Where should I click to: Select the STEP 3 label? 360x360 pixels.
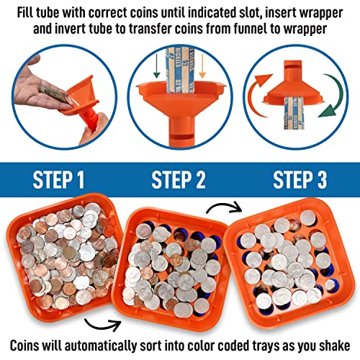pos(297,176)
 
